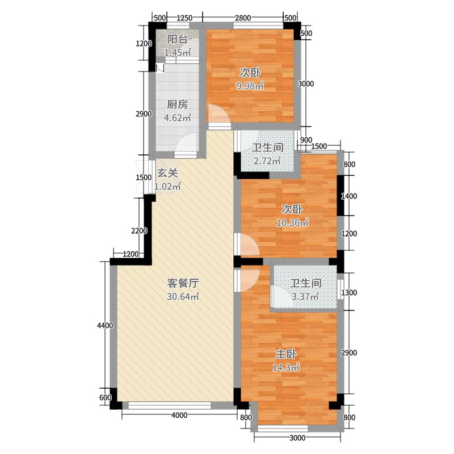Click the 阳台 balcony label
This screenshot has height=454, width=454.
click(x=178, y=39)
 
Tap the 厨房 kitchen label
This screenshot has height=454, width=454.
click(x=177, y=104)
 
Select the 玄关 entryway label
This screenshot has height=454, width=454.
click(x=167, y=173)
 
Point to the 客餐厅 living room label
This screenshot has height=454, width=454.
click(x=183, y=283)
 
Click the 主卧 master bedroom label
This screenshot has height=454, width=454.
click(x=286, y=354)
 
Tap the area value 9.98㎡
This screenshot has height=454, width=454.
click(x=250, y=86)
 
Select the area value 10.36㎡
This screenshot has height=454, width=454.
click(x=293, y=222)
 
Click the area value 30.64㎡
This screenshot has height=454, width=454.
click(x=183, y=296)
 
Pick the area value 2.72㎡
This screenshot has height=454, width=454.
click(x=267, y=161)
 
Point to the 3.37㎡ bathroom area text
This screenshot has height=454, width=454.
click(x=305, y=296)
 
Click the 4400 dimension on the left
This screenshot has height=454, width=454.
click(x=105, y=325)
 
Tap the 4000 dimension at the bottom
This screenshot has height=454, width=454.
click(x=179, y=415)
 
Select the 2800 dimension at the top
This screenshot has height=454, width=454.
click(x=243, y=18)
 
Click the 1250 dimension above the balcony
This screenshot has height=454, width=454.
click(x=184, y=18)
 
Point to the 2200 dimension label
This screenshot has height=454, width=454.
click(x=139, y=231)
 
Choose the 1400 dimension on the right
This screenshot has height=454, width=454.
click(x=349, y=196)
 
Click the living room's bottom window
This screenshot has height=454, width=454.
click(x=170, y=405)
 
